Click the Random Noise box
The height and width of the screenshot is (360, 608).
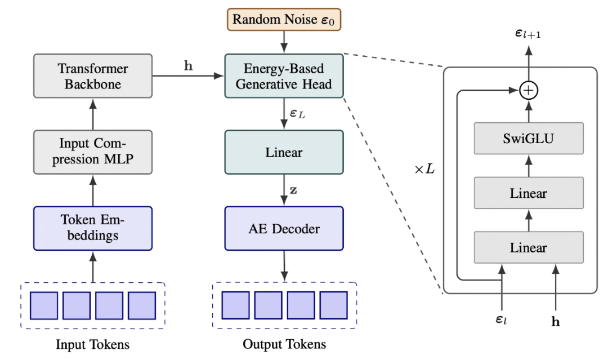point(284,20)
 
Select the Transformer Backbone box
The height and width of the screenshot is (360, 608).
point(93,76)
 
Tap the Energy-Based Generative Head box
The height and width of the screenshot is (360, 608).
point(284,76)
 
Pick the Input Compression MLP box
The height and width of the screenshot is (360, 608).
point(93,152)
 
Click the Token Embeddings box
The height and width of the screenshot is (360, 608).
point(93,228)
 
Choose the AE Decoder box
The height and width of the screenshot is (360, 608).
point(284,228)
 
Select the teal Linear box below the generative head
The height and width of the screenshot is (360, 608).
point(284,152)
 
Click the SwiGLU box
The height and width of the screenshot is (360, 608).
point(528,139)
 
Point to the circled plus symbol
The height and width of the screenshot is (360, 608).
point(528,90)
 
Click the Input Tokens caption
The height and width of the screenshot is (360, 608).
point(93,344)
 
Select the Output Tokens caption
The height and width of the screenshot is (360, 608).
point(284,344)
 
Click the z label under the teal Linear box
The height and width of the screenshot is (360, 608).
point(293,190)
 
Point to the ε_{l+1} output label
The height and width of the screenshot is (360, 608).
point(528,35)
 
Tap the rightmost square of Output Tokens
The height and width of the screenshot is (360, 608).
point(334,306)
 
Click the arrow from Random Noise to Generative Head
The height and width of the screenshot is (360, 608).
point(284,42)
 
